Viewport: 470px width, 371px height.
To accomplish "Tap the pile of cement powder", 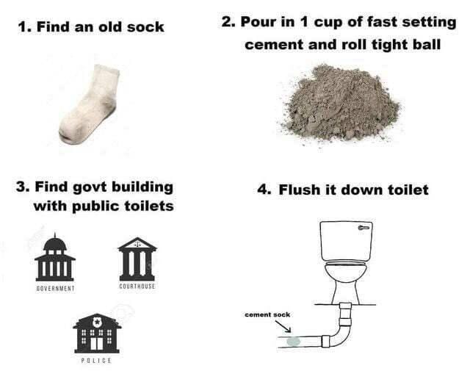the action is (340, 104).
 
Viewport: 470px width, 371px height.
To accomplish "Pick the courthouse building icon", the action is (137, 259).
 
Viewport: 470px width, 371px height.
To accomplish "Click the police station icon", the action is (97, 334).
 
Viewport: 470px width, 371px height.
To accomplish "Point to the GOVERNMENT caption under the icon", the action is (55, 289).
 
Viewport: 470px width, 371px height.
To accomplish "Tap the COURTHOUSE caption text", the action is (137, 286).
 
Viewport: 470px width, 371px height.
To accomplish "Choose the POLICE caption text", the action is (96, 361).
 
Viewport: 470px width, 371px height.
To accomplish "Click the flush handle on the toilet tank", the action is (364, 228).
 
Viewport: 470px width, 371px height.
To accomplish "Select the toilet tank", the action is (346, 241).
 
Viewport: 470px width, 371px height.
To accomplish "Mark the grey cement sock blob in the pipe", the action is (293, 342).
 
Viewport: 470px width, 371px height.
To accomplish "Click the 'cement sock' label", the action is (267, 314).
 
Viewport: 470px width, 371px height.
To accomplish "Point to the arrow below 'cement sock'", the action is (283, 327).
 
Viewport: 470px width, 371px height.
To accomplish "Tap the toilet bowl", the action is (346, 282).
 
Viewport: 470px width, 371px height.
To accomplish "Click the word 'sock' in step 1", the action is (145, 27).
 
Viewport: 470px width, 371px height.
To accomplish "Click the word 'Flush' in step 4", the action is (299, 190).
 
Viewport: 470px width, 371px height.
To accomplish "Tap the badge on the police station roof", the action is (97, 322).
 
